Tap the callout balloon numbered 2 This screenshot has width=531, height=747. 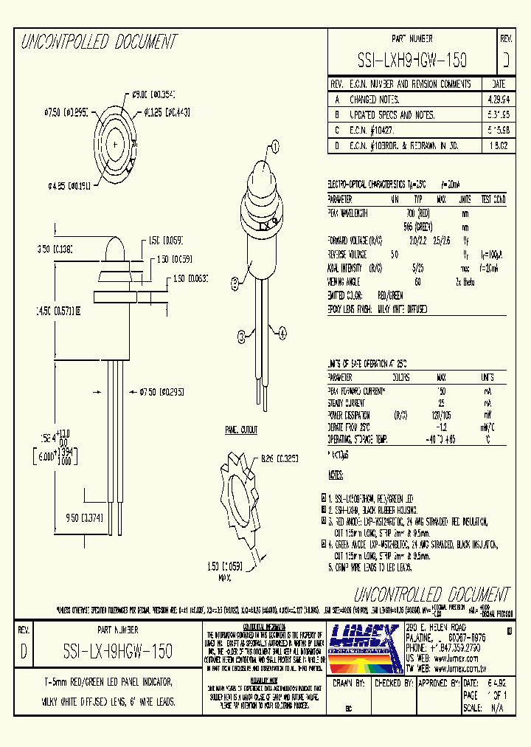click(235, 281)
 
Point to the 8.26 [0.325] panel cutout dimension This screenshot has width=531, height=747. click(279, 458)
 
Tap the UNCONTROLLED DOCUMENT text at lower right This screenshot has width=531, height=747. click(431, 595)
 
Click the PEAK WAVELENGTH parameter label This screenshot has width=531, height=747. click(348, 213)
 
